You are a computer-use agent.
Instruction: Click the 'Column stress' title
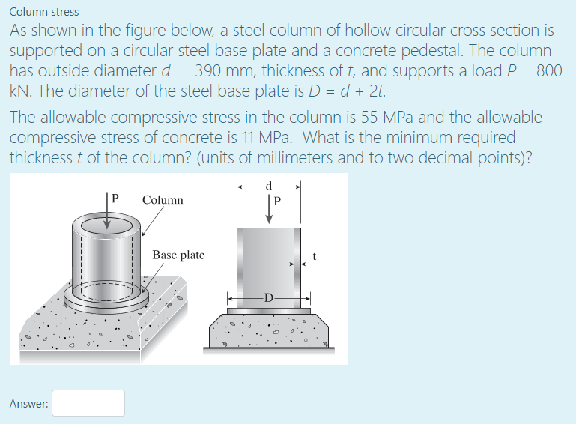pos(43,12)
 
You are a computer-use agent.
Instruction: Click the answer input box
pos(88,403)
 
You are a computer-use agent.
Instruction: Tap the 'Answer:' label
pos(29,404)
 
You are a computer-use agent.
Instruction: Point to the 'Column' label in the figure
pos(163,200)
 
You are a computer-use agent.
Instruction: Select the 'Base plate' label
pos(178,255)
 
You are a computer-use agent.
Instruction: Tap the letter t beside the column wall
pos(315,257)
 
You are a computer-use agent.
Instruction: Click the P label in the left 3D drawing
pos(115,199)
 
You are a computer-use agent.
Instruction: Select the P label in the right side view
pos(278,202)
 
